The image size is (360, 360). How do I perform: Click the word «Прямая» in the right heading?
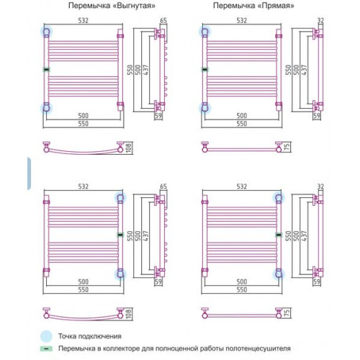[x=276, y=6]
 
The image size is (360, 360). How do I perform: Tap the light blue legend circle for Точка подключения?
[x=46, y=336]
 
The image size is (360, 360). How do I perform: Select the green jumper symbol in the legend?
[x=46, y=348]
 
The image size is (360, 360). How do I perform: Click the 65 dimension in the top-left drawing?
[x=163, y=21]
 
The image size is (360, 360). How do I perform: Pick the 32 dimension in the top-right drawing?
[x=320, y=21]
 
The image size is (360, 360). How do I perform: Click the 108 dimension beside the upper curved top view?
[x=129, y=148]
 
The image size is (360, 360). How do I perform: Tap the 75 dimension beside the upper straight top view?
[x=287, y=146]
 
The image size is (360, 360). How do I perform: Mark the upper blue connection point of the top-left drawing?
[x=47, y=32]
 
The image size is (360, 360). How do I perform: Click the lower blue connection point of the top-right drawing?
[x=204, y=108]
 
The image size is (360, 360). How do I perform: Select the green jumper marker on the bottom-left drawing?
[x=120, y=235]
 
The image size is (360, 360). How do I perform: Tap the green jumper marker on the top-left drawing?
[x=47, y=70]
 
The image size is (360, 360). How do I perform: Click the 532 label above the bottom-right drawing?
[x=242, y=186]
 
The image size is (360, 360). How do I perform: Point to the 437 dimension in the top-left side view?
[x=145, y=70]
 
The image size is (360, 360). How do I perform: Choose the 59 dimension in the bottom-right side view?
[x=317, y=282]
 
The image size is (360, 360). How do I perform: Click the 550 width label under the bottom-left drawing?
[x=84, y=290]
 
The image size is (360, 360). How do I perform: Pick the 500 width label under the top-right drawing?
[x=242, y=116]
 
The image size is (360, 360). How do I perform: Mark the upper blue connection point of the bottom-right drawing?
[x=279, y=198]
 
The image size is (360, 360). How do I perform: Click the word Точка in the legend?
[x=67, y=336]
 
